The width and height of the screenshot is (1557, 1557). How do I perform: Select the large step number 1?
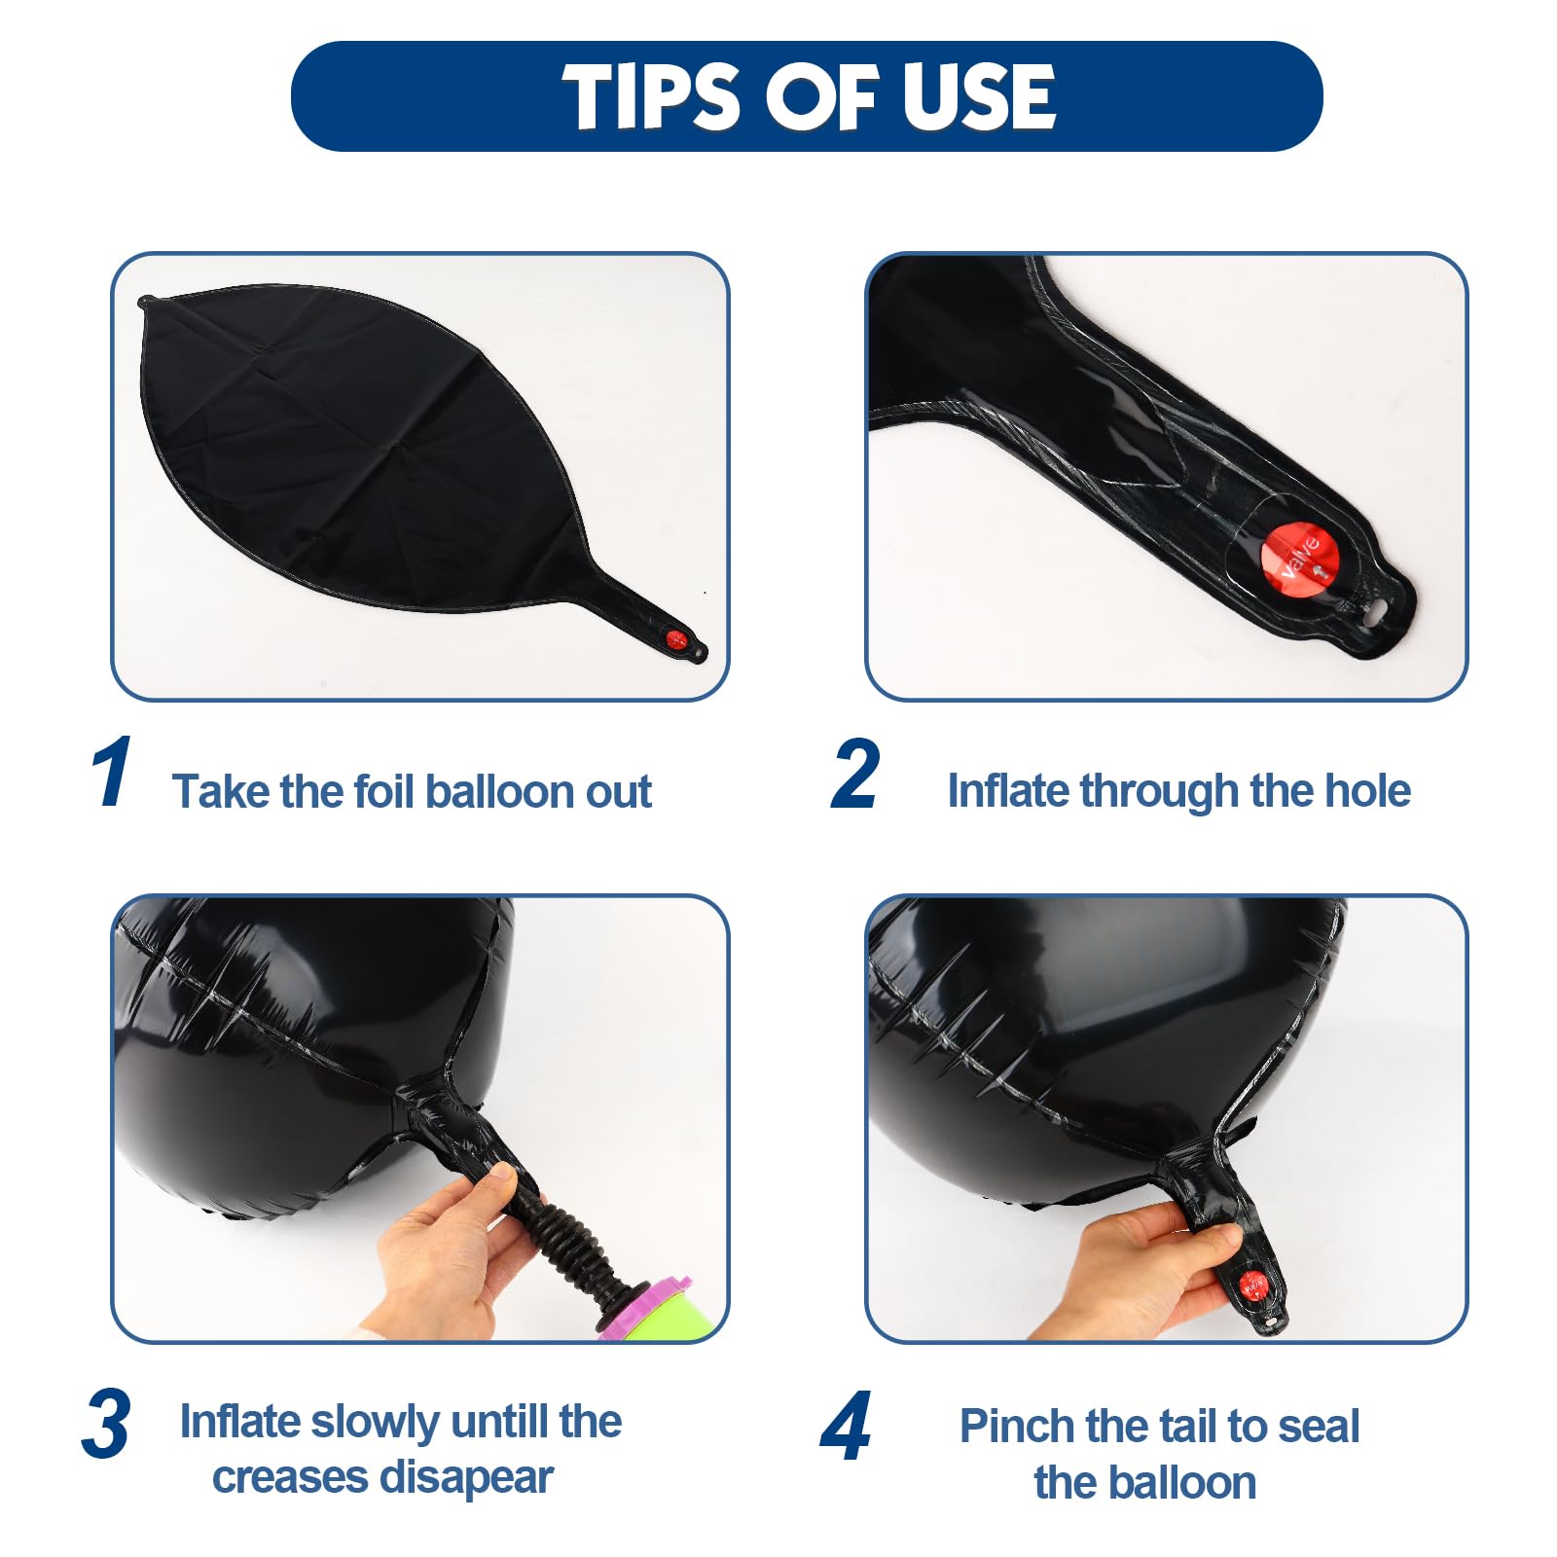113,773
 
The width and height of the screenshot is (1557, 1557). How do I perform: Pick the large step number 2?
855,774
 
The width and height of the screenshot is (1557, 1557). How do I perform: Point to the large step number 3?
106,1424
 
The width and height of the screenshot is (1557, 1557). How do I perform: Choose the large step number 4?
846,1426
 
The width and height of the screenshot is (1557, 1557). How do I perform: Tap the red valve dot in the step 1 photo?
675,639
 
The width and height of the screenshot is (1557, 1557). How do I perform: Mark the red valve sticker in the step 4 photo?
1253,1286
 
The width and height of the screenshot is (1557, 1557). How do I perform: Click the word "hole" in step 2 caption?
1367,790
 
